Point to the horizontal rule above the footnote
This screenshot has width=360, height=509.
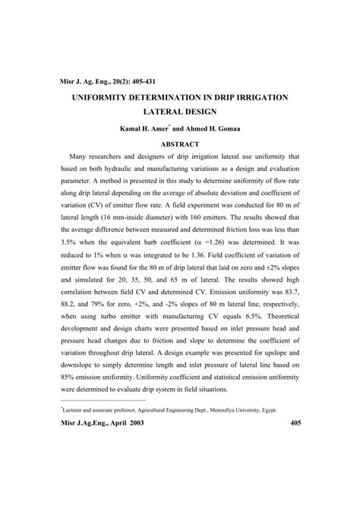(103, 400)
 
